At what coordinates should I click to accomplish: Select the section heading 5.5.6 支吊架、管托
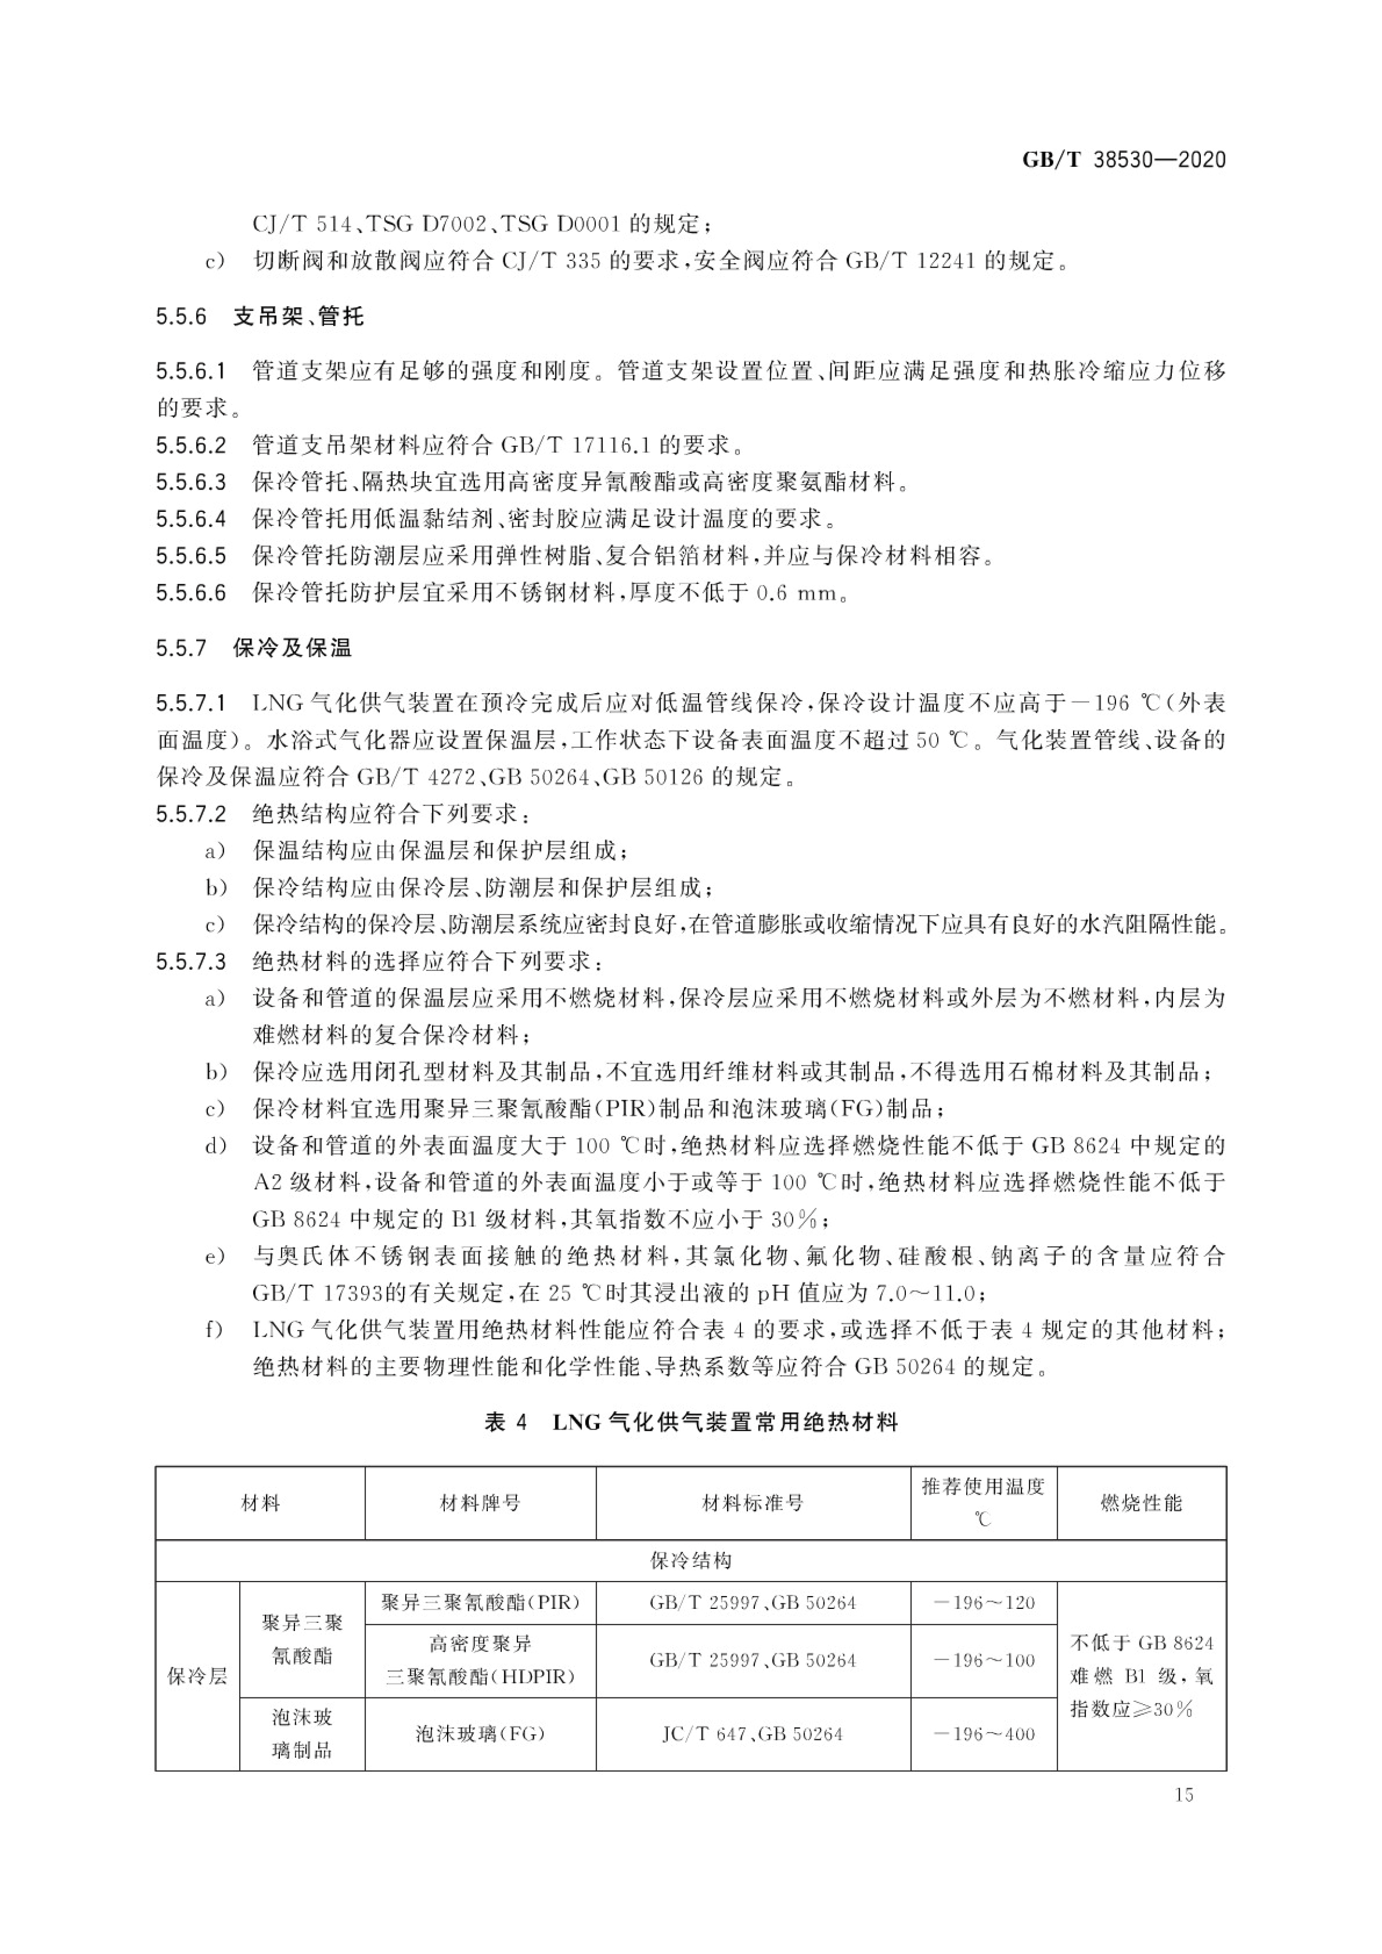point(260,317)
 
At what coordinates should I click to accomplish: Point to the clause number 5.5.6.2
point(191,445)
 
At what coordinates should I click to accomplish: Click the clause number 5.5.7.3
point(191,962)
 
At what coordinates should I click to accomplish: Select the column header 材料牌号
point(480,1503)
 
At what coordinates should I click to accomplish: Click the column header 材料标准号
point(752,1503)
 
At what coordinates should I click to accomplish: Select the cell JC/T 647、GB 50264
point(752,1734)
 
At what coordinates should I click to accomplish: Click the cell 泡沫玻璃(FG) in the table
point(480,1734)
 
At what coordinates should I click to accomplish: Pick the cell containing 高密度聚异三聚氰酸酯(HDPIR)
point(480,1660)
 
